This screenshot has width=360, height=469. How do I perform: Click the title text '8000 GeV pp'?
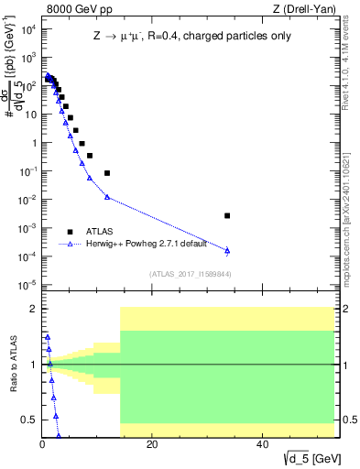point(72,9)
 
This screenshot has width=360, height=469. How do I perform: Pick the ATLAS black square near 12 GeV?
point(107,173)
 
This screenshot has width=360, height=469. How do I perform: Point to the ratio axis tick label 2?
point(33,309)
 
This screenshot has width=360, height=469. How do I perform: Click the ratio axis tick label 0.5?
point(29,420)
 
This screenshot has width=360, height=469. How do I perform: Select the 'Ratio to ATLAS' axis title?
point(12,364)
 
